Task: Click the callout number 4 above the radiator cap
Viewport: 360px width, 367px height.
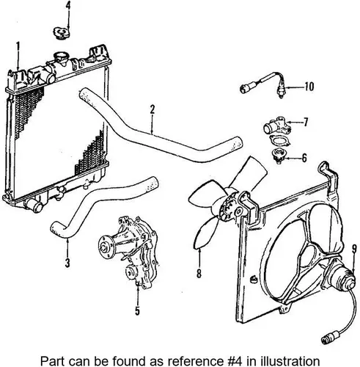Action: [68, 6]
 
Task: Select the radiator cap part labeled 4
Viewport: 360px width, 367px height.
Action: [62, 33]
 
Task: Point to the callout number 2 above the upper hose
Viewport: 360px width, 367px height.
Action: [153, 110]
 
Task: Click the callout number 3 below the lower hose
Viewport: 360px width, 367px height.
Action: [67, 263]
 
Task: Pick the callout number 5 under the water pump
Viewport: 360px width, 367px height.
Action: [137, 310]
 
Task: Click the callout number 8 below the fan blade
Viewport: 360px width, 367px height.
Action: [199, 274]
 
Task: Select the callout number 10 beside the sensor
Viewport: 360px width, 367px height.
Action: [309, 87]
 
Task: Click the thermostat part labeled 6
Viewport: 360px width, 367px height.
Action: [278, 156]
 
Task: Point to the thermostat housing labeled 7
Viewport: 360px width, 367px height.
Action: [276, 126]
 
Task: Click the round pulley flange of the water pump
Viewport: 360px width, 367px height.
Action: [106, 247]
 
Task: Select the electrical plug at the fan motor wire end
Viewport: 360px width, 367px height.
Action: [329, 338]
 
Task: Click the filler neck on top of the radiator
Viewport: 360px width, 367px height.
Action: [60, 58]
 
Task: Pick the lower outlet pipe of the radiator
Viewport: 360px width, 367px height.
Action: [34, 206]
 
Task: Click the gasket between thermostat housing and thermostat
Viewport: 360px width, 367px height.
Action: [279, 141]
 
